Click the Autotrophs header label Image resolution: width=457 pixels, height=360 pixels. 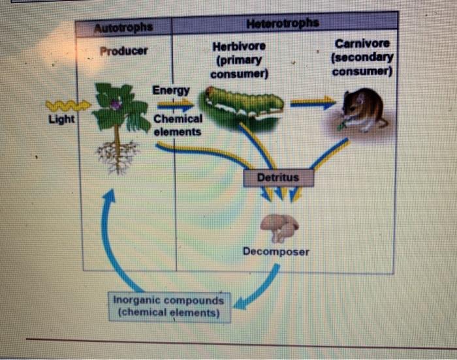(x=124, y=27)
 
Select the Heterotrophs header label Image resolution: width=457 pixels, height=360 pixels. (x=283, y=23)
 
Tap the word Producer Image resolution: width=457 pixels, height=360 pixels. (x=123, y=50)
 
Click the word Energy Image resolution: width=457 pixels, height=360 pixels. (x=171, y=89)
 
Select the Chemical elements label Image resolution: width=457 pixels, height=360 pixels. (x=178, y=125)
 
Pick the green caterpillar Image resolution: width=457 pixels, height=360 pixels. (x=244, y=104)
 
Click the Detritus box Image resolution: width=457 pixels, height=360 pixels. (x=278, y=177)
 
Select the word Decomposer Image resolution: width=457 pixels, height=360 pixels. (x=276, y=251)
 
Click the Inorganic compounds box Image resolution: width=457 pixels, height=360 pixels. (x=168, y=307)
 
